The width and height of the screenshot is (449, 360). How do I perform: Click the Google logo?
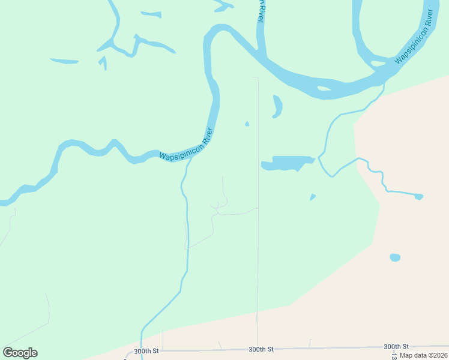pyautogui.click(x=20, y=353)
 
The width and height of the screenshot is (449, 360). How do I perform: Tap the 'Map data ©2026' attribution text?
pyautogui.click(x=424, y=355)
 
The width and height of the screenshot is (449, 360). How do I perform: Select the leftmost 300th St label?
pyautogui.click(x=146, y=351)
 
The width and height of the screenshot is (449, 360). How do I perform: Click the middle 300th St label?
pyautogui.click(x=261, y=349)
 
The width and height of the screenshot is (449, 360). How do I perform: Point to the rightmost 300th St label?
pyautogui.click(x=396, y=346)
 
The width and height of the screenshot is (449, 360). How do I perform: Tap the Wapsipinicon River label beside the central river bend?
pyautogui.click(x=187, y=145)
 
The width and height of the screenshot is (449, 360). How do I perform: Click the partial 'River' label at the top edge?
pyautogui.click(x=261, y=11)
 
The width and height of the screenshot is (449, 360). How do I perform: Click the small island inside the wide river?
pyautogui.click(x=324, y=89)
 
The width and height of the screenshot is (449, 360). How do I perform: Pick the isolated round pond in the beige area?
pyautogui.click(x=394, y=257)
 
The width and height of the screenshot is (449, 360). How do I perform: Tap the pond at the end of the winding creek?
pyautogui.click(x=418, y=196)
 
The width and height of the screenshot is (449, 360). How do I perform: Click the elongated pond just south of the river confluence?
pyautogui.click(x=277, y=106)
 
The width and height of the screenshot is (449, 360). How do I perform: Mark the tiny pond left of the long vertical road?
pyautogui.click(x=247, y=124)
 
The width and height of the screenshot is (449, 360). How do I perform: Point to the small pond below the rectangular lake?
pyautogui.click(x=313, y=197)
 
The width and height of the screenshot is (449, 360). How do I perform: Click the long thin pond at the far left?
pyautogui.click(x=64, y=61)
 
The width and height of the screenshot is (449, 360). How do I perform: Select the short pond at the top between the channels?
pyautogui.click(x=151, y=14)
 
